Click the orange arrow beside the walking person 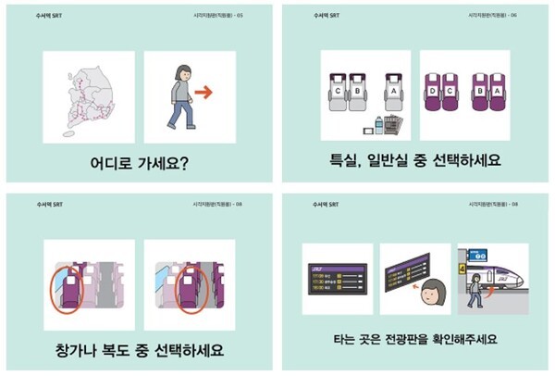(x=204, y=92)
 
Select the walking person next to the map (x=180, y=96)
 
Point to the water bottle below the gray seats (x=377, y=127)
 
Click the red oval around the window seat (x=65, y=284)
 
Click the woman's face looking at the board (x=430, y=295)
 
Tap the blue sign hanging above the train (x=478, y=255)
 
